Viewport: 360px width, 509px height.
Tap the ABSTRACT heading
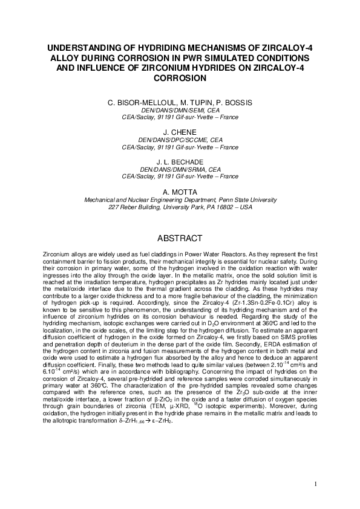[180, 238]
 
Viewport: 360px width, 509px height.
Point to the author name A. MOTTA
[180, 192]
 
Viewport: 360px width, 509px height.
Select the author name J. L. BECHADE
[180, 162]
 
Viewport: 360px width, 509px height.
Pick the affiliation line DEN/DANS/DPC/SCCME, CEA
[180, 140]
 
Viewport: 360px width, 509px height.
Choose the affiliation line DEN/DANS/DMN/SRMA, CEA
[180, 170]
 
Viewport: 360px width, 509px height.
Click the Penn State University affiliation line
[180, 200]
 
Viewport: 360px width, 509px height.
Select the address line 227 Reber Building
[180, 207]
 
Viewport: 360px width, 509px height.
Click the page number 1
[315, 484]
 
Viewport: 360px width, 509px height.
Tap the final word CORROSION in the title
[180, 78]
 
